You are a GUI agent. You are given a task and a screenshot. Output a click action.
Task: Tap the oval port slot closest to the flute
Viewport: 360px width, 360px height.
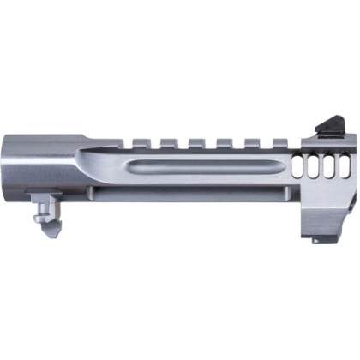tap(297, 167)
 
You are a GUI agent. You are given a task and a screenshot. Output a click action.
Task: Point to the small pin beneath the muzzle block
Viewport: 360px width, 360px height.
tap(315, 241)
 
